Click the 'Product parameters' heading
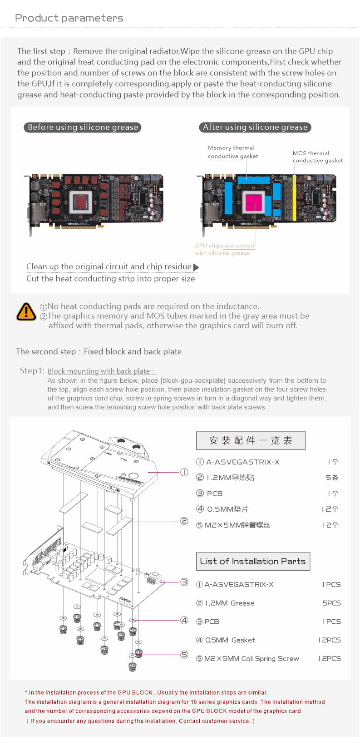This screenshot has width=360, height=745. click(69, 18)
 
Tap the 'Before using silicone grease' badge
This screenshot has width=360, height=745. click(83, 128)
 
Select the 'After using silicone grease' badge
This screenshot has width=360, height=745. click(255, 128)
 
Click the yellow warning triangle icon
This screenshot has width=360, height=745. click(26, 311)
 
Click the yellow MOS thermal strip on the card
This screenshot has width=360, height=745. click(294, 198)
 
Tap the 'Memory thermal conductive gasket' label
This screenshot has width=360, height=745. click(233, 152)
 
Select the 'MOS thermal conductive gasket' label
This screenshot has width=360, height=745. click(317, 157)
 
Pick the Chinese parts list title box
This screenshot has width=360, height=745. click(251, 440)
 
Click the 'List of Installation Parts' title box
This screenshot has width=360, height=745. click(253, 562)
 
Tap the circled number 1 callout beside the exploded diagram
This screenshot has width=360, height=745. click(184, 472)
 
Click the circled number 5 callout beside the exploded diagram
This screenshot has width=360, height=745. click(184, 654)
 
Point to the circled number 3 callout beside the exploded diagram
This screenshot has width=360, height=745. click(184, 582)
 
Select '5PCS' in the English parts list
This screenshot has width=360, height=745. click(331, 603)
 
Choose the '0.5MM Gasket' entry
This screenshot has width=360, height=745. click(230, 640)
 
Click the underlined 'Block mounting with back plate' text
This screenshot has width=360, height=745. click(101, 371)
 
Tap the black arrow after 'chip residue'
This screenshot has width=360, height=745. click(196, 267)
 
